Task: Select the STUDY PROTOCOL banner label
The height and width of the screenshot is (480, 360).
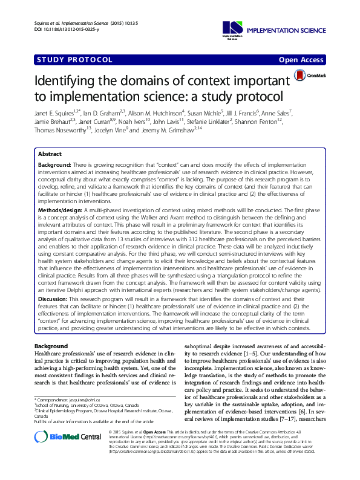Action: (75, 60)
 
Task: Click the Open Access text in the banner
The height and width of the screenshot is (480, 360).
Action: (303, 60)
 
